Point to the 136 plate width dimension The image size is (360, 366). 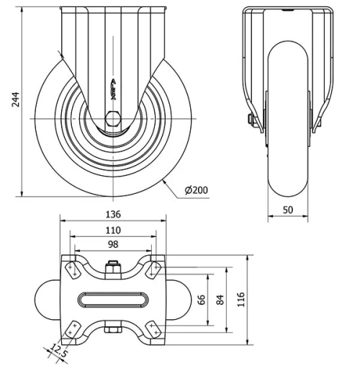pos(112,214)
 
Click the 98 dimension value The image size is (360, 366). pos(112,244)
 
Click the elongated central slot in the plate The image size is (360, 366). pos(112,298)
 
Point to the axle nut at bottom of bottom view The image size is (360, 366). pos(112,330)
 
